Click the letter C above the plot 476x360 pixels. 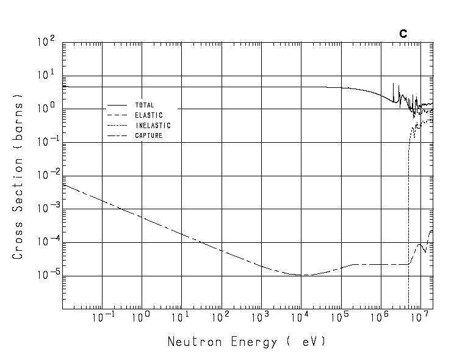pos(403,34)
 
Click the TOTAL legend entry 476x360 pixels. pos(145,105)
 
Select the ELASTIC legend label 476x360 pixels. pos(148,115)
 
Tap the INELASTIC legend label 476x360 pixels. pos(153,126)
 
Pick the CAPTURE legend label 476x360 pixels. pos(148,135)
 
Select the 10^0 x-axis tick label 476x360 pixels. pos(142,318)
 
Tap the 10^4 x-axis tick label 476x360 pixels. pos(301,318)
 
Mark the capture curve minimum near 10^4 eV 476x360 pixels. pos(302,275)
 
